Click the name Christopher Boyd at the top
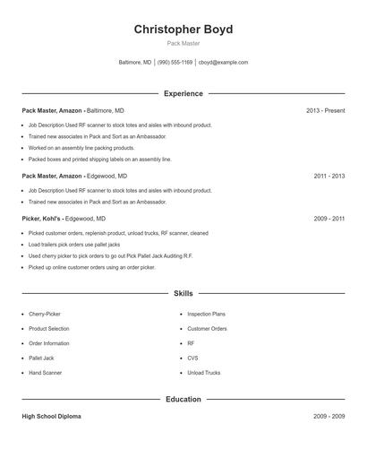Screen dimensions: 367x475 [183, 30]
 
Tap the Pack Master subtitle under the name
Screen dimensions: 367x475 [183, 43]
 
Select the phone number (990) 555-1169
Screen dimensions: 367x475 [175, 63]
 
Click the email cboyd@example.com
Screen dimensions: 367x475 [223, 63]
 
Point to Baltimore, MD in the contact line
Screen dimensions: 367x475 [135, 63]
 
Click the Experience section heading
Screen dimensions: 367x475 [183, 93]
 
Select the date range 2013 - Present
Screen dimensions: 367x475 [325, 110]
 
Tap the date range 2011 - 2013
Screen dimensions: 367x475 [329, 177]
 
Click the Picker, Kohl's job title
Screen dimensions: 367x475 [41, 219]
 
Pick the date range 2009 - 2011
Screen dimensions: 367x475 [329, 219]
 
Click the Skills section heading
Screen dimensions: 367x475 [183, 293]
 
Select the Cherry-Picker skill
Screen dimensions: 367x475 [45, 315]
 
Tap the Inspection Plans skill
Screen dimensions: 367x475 [206, 315]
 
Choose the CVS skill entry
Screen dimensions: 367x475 [192, 358]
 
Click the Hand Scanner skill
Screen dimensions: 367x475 [46, 372]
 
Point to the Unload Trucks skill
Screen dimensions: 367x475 [204, 372]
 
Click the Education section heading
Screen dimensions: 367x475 [183, 399]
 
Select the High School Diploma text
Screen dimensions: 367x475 [52, 417]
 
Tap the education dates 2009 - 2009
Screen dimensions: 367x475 [329, 417]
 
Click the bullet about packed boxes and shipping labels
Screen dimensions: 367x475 [99, 159]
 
